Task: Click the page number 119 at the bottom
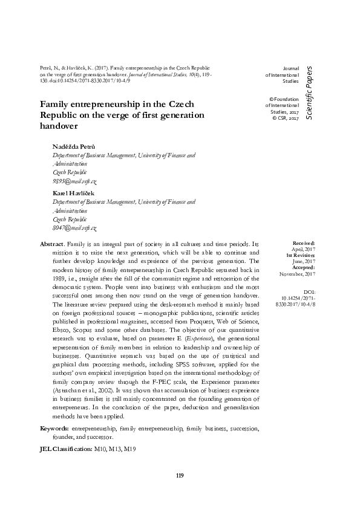coord(180,475)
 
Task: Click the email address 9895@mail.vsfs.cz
coord(75,181)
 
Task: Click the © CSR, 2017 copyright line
coord(287,118)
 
